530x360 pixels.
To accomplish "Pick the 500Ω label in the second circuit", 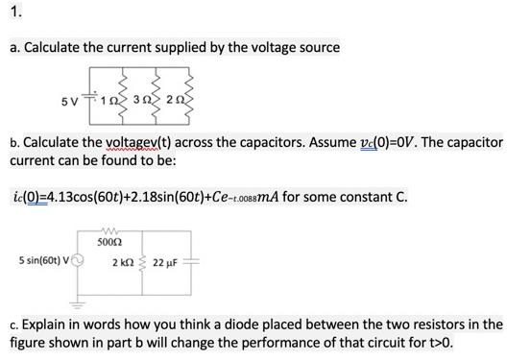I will [108, 244].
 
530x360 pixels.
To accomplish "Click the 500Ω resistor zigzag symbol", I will [108, 231].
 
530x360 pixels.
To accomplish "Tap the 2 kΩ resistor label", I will [122, 262].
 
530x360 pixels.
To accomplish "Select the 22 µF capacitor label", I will [170, 262].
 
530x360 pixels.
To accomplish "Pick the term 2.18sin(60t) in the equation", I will [165, 197].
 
